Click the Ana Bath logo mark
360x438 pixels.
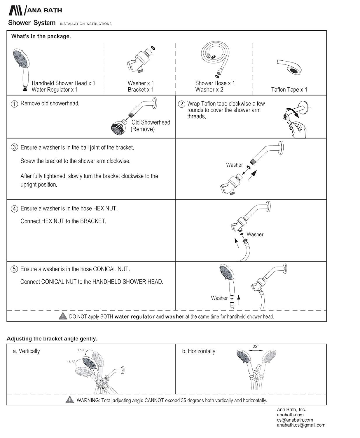(x=16, y=10)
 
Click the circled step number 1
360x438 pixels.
(x=14, y=104)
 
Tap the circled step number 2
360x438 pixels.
(x=181, y=104)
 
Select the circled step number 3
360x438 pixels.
(x=14, y=147)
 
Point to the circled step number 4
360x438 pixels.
(x=14, y=209)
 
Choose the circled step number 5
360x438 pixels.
(x=14, y=269)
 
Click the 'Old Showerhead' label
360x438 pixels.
(x=151, y=122)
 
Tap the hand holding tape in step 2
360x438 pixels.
(x=298, y=128)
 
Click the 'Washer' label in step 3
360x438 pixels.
(x=234, y=165)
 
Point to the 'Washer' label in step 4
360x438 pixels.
(x=255, y=234)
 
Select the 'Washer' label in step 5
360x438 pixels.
(x=219, y=298)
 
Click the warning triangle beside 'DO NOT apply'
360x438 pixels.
(x=62, y=316)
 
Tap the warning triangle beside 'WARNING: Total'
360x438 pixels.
(x=70, y=400)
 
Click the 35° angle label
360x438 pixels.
(x=255, y=346)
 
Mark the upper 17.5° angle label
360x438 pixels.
(x=81, y=350)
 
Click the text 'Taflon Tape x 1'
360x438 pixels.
(x=289, y=90)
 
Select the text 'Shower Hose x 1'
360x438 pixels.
(x=215, y=83)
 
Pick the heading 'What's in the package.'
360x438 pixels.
(x=41, y=36)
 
